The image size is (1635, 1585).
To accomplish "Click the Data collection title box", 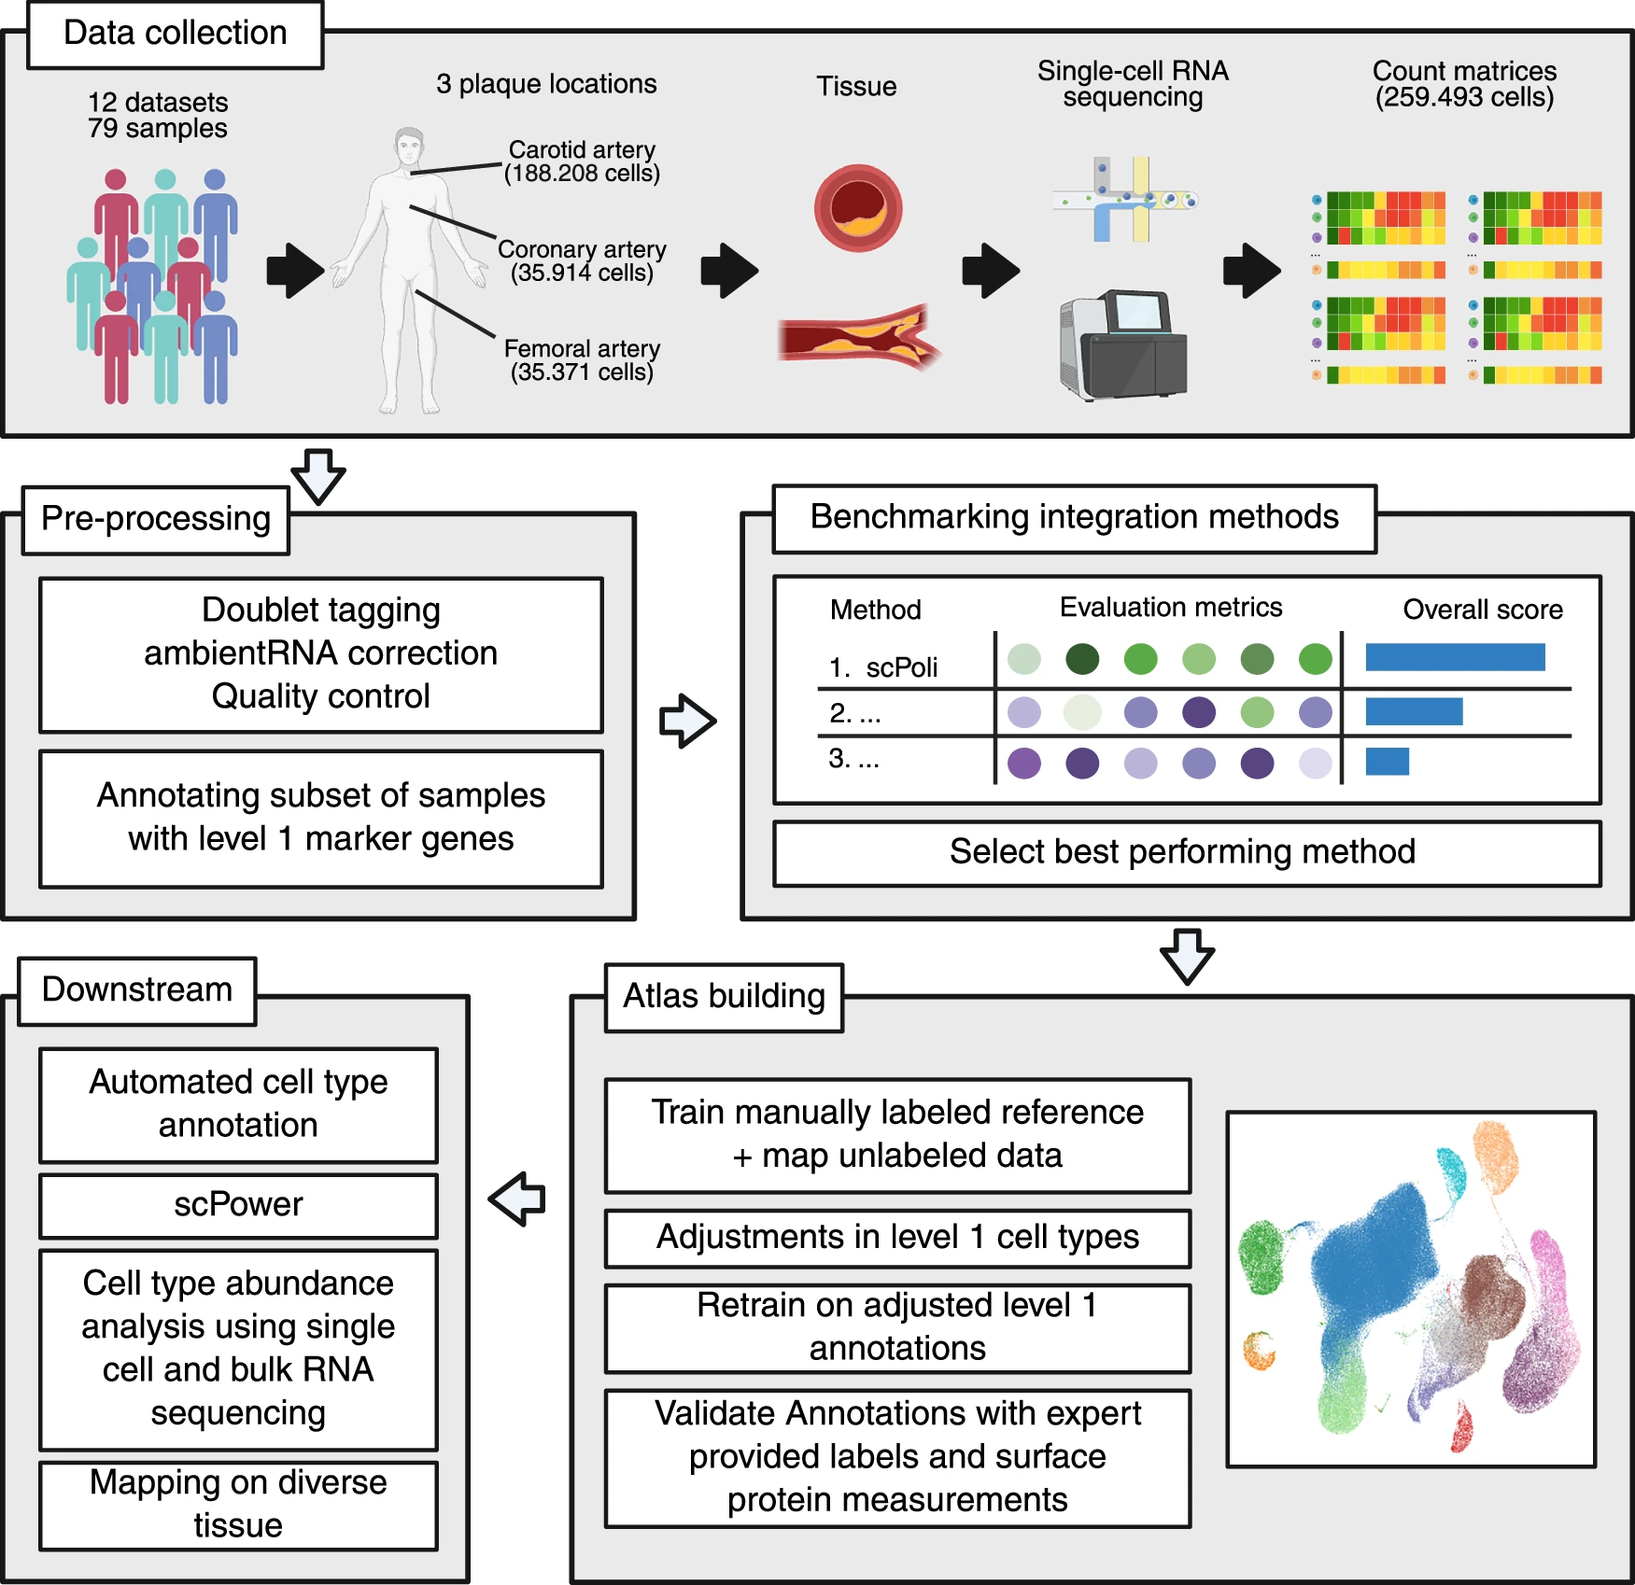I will tap(175, 35).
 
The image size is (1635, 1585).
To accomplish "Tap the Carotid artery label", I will tap(582, 150).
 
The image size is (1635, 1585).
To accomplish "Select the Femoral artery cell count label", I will tap(582, 372).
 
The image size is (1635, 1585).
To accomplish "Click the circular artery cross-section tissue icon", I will tap(857, 208).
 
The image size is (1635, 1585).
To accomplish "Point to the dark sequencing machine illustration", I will tap(1123, 344).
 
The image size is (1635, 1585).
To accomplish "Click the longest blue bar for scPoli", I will tap(1454, 657).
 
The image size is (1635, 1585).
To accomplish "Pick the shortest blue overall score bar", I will tap(1387, 762).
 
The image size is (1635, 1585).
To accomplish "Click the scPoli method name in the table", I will tap(900, 667).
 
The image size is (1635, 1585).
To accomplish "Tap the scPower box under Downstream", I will tap(238, 1205).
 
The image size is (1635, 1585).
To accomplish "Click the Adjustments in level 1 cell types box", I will tap(897, 1238).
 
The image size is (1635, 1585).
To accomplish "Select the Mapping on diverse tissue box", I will tap(238, 1504).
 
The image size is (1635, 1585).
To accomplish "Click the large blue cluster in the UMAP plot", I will tap(1373, 1260).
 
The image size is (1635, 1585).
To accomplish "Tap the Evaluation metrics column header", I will tap(1170, 608).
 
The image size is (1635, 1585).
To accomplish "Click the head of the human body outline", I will tap(408, 147).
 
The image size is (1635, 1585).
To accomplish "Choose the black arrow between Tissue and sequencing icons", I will tap(990, 271).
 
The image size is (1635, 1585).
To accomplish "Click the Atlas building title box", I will tap(724, 997).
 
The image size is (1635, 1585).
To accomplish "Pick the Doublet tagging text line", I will tap(321, 610).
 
